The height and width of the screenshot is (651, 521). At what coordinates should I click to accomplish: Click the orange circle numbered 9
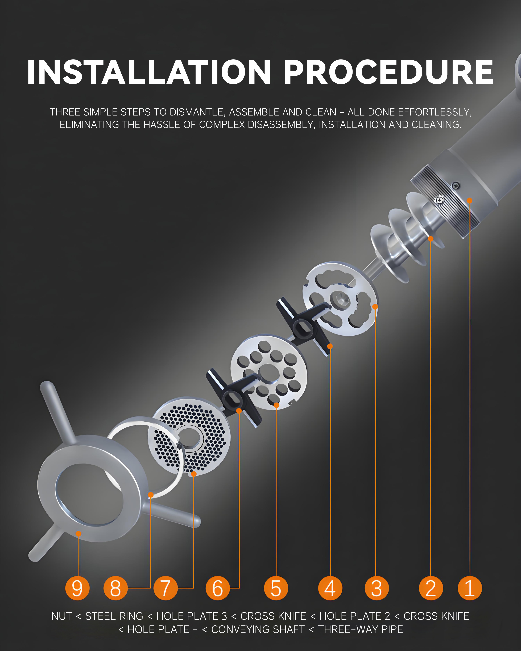(77, 588)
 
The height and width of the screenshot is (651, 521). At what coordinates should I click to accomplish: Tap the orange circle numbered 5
(276, 588)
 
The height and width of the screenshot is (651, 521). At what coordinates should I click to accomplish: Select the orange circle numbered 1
(470, 588)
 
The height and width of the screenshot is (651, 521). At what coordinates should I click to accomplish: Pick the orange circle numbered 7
(166, 588)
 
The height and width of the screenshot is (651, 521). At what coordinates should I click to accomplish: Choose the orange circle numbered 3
(377, 588)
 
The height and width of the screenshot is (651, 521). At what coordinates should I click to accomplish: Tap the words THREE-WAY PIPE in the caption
(361, 629)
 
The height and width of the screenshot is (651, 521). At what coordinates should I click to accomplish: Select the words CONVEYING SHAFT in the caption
(258, 629)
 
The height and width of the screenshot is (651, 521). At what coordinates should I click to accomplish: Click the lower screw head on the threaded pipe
(439, 200)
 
